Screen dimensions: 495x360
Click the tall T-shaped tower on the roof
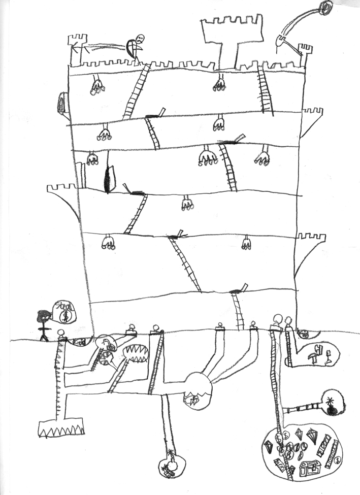(233, 36)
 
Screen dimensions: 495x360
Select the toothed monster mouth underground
(135, 352)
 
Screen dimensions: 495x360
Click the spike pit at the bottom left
(60, 428)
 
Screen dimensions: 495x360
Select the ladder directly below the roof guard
(137, 91)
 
